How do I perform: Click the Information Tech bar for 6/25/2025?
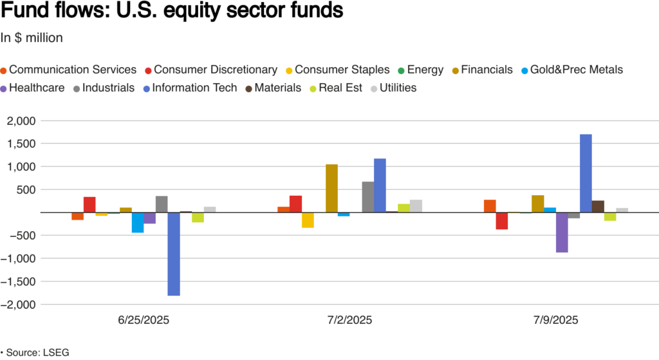(174, 254)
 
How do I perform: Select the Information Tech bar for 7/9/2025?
(586, 173)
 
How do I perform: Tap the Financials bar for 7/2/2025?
(331, 188)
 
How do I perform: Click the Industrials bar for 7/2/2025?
(367, 197)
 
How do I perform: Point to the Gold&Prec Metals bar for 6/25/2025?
(138, 222)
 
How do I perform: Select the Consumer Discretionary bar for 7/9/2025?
(502, 221)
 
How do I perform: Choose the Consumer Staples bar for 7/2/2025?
(308, 220)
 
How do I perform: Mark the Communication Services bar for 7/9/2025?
(490, 206)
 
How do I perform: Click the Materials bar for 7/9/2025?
(598, 206)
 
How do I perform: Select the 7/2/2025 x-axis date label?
(348, 320)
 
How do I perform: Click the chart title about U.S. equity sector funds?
(172, 12)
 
